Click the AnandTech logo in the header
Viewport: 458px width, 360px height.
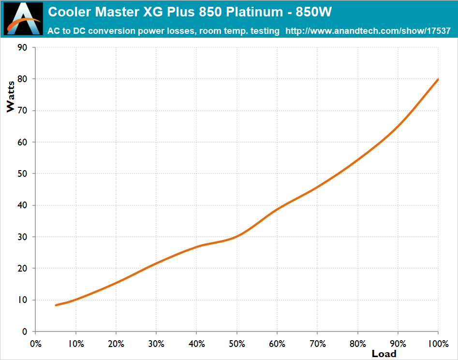tap(23, 19)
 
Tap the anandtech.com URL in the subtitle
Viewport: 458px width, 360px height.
tap(368, 31)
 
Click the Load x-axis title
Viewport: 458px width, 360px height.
tap(384, 354)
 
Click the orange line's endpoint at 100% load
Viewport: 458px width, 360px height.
tap(438, 79)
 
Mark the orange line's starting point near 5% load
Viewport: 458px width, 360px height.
tap(56, 305)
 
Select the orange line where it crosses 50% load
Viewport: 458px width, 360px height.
tap(237, 237)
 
